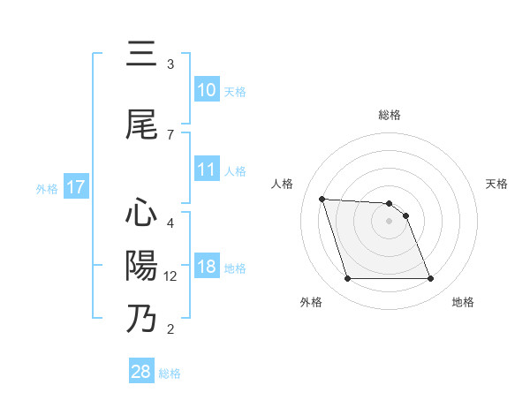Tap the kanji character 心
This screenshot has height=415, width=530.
click(141, 213)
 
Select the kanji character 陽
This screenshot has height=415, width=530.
click(141, 266)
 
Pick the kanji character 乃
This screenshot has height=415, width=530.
click(141, 319)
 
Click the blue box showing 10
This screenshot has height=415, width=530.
click(207, 90)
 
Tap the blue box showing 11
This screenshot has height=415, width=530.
click(207, 170)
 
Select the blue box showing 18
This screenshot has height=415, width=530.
click(207, 268)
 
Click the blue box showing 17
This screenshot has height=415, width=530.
click(75, 187)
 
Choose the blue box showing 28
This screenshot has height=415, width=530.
click(141, 372)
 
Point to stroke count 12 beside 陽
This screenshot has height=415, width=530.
click(170, 276)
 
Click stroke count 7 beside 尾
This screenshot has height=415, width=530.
click(170, 134)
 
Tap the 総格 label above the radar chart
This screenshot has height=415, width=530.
click(390, 115)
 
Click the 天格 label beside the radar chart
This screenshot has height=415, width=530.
click(497, 184)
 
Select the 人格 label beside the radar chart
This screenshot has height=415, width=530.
click(283, 184)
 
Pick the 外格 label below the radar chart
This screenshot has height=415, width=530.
click(311, 303)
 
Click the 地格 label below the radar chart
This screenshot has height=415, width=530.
click(463, 303)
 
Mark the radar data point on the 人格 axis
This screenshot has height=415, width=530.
click(322, 199)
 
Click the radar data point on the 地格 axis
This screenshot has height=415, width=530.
click(430, 279)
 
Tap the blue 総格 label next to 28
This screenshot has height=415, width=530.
click(170, 373)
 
